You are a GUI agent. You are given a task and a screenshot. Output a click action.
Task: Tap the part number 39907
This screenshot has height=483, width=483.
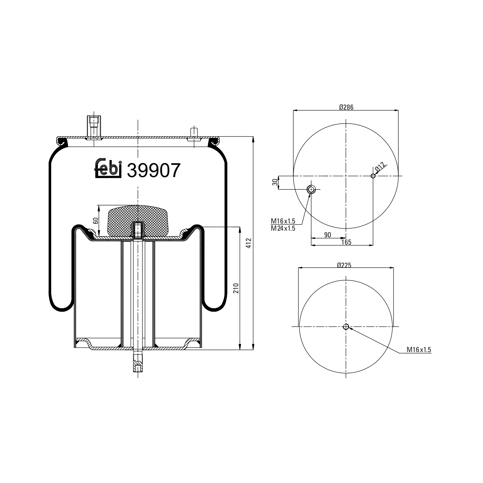coord(153,170)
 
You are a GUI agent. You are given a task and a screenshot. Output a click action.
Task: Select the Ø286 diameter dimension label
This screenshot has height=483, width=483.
coord(346,107)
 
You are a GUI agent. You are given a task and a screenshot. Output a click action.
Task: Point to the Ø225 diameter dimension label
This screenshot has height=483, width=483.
coord(344,265)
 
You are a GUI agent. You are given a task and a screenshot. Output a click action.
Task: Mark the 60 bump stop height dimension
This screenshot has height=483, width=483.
coord(95,221)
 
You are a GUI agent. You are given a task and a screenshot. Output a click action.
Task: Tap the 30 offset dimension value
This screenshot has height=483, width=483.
coord(275,182)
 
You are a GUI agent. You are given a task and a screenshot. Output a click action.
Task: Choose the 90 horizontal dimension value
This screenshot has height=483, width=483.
coord(327,235)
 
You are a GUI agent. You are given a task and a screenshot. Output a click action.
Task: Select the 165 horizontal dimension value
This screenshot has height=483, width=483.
coord(346,242)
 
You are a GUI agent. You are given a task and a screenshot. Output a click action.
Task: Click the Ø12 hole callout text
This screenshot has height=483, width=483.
coord(380,167)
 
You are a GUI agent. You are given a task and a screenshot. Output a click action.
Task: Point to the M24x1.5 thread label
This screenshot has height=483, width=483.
coord(283,228)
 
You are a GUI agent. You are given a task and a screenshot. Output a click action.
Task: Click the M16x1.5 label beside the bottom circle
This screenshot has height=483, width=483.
coord(419,349)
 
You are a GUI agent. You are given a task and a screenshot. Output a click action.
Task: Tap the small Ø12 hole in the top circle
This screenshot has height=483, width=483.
coord(373,176)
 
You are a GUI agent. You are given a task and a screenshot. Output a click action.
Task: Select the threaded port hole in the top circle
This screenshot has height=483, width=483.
coord(311,189)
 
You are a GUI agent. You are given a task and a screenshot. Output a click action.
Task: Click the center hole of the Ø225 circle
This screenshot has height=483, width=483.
coord(346,327)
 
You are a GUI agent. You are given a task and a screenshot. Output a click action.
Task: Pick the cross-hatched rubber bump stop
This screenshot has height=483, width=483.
coord(138,221)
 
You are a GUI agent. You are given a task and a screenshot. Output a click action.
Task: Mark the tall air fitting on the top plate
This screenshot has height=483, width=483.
coord(94,126)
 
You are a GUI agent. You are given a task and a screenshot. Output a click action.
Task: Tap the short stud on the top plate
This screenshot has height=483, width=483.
coord(194,133)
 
